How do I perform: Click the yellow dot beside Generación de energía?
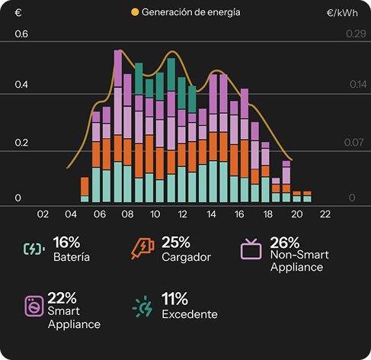click(x=135, y=12)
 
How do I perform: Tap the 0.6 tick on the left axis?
click(x=21, y=34)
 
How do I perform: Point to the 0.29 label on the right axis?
click(x=356, y=34)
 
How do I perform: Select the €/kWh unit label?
click(x=342, y=13)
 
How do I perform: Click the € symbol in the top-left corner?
click(x=18, y=12)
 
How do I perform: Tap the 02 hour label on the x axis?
click(x=43, y=214)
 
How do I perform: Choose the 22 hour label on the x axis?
click(x=325, y=214)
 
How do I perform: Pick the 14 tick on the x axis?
click(x=211, y=214)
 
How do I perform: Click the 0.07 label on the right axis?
click(x=353, y=143)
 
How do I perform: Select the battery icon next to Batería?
click(x=34, y=249)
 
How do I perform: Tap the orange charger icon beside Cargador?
click(x=142, y=249)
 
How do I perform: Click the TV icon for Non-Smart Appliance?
click(x=251, y=249)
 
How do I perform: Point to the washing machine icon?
click(x=34, y=306)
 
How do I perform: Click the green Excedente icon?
click(x=142, y=307)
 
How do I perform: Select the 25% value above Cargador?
click(x=176, y=243)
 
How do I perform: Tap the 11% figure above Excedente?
click(x=174, y=299)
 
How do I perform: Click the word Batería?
click(x=72, y=257)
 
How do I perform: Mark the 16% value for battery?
click(x=66, y=243)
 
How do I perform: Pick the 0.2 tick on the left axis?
click(x=21, y=143)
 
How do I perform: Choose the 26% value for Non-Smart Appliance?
click(x=285, y=243)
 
